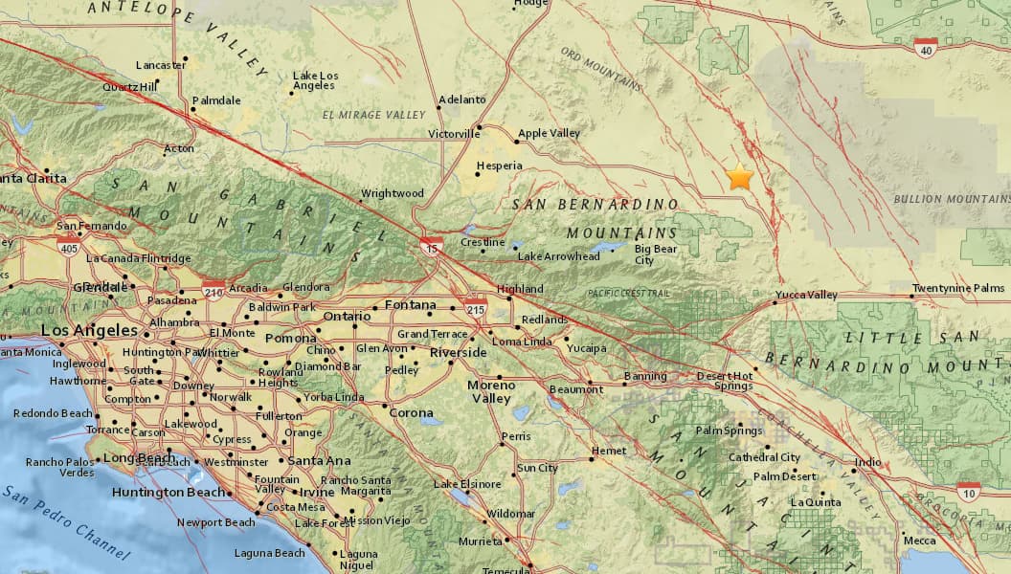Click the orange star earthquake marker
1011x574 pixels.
739,177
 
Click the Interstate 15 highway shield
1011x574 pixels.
431,247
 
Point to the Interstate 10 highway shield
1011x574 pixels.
968,492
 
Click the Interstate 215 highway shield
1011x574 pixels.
476,309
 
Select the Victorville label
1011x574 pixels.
453,134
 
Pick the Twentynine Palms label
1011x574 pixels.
957,288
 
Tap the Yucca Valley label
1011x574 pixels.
806,295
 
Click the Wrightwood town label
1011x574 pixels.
392,194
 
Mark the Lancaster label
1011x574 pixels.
160,65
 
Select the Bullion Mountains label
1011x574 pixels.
951,199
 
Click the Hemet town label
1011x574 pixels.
609,451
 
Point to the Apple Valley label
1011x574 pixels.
549,134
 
